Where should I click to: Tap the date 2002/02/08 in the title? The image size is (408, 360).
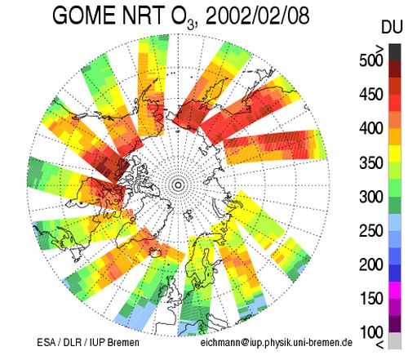tap(257, 16)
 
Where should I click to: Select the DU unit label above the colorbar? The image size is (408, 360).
tap(392, 28)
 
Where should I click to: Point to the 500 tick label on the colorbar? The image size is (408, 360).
tap(371, 60)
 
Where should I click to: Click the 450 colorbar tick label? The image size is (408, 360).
tap(371, 95)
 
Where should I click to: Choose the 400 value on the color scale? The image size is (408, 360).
tap(371, 128)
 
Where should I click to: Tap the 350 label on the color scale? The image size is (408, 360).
tap(371, 162)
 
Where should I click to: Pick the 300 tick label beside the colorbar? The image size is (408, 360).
tap(371, 197)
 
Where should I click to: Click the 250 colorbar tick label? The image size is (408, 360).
tap(371, 231)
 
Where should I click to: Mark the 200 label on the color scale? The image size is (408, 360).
tap(371, 264)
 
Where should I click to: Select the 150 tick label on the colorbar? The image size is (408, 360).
tap(371, 299)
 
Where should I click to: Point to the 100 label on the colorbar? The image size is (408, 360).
tap(371, 332)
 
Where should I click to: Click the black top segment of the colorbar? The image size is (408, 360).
tap(395, 52)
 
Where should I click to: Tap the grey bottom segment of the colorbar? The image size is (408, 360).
tap(395, 340)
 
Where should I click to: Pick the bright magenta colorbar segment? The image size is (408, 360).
tap(395, 290)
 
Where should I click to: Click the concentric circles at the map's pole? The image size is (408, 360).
tap(178, 185)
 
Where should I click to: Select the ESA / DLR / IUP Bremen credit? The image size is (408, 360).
tap(88, 342)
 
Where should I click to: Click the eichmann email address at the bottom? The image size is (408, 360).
tap(277, 343)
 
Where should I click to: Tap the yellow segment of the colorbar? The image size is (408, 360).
tap(395, 154)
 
